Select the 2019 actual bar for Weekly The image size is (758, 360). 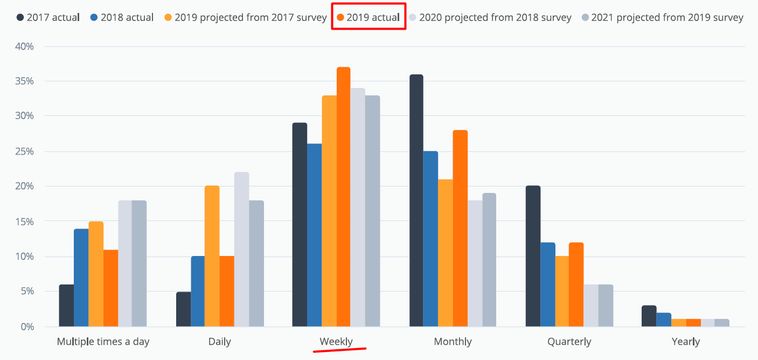(343, 197)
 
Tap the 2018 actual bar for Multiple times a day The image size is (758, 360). (81, 278)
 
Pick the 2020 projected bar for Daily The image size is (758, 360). (241, 249)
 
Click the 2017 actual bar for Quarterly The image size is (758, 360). (533, 256)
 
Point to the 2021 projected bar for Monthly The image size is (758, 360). (489, 260)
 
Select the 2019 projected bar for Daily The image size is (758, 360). (212, 256)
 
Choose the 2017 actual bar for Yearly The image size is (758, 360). (649, 316)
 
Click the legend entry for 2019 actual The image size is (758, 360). (368, 18)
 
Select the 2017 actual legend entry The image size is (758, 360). (48, 18)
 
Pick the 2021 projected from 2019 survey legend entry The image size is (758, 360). (662, 18)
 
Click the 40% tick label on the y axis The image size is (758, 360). (24, 46)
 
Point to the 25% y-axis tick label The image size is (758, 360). (24, 151)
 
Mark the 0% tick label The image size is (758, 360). (27, 327)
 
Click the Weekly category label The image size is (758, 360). (336, 342)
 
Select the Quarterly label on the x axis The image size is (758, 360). (569, 342)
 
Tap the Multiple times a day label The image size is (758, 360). (103, 342)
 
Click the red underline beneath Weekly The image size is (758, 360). (339, 350)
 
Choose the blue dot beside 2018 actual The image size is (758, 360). (94, 18)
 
